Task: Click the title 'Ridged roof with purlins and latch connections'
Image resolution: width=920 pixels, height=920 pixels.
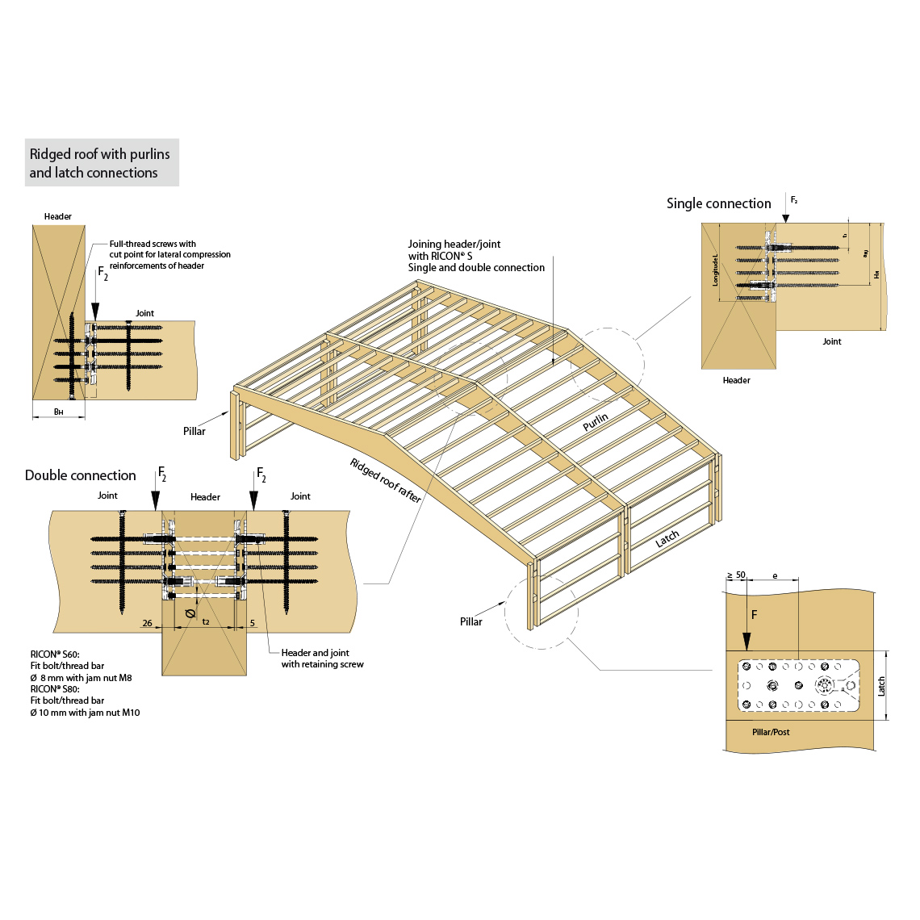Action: coord(100,163)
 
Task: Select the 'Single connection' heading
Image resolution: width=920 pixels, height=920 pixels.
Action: coord(718,203)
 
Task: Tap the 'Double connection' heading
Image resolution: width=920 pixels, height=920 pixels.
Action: coord(80,475)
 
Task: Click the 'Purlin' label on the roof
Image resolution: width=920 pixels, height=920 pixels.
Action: coord(596,422)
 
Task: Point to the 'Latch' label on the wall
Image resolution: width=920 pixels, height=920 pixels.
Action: coord(667,539)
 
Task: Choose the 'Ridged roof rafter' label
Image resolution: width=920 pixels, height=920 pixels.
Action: coord(386,480)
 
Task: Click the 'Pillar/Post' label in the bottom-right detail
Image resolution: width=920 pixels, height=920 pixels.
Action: coord(771,732)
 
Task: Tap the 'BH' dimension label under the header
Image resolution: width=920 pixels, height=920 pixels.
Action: coord(58,412)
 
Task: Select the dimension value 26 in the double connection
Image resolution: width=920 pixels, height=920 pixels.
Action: coord(147,623)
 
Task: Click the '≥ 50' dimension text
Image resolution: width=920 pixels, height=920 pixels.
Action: coord(736,575)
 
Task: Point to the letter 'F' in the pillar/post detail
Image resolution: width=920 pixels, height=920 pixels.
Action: coord(755,615)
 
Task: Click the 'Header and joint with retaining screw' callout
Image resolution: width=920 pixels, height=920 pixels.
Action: coord(322,659)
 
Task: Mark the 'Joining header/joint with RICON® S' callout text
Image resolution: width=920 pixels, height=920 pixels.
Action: coord(476,256)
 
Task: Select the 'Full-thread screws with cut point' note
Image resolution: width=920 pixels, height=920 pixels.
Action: coord(169,254)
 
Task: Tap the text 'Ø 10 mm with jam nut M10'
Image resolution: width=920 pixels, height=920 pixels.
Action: coord(86,713)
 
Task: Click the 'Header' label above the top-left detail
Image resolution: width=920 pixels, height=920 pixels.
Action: coord(58,216)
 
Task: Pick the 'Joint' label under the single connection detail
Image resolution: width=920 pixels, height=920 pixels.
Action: coord(832,341)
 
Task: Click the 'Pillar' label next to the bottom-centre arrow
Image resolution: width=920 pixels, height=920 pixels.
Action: coord(471,621)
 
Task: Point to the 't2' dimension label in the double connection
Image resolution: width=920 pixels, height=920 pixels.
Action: coord(206,622)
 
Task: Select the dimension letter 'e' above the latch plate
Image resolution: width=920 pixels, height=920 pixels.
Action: coord(776,576)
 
